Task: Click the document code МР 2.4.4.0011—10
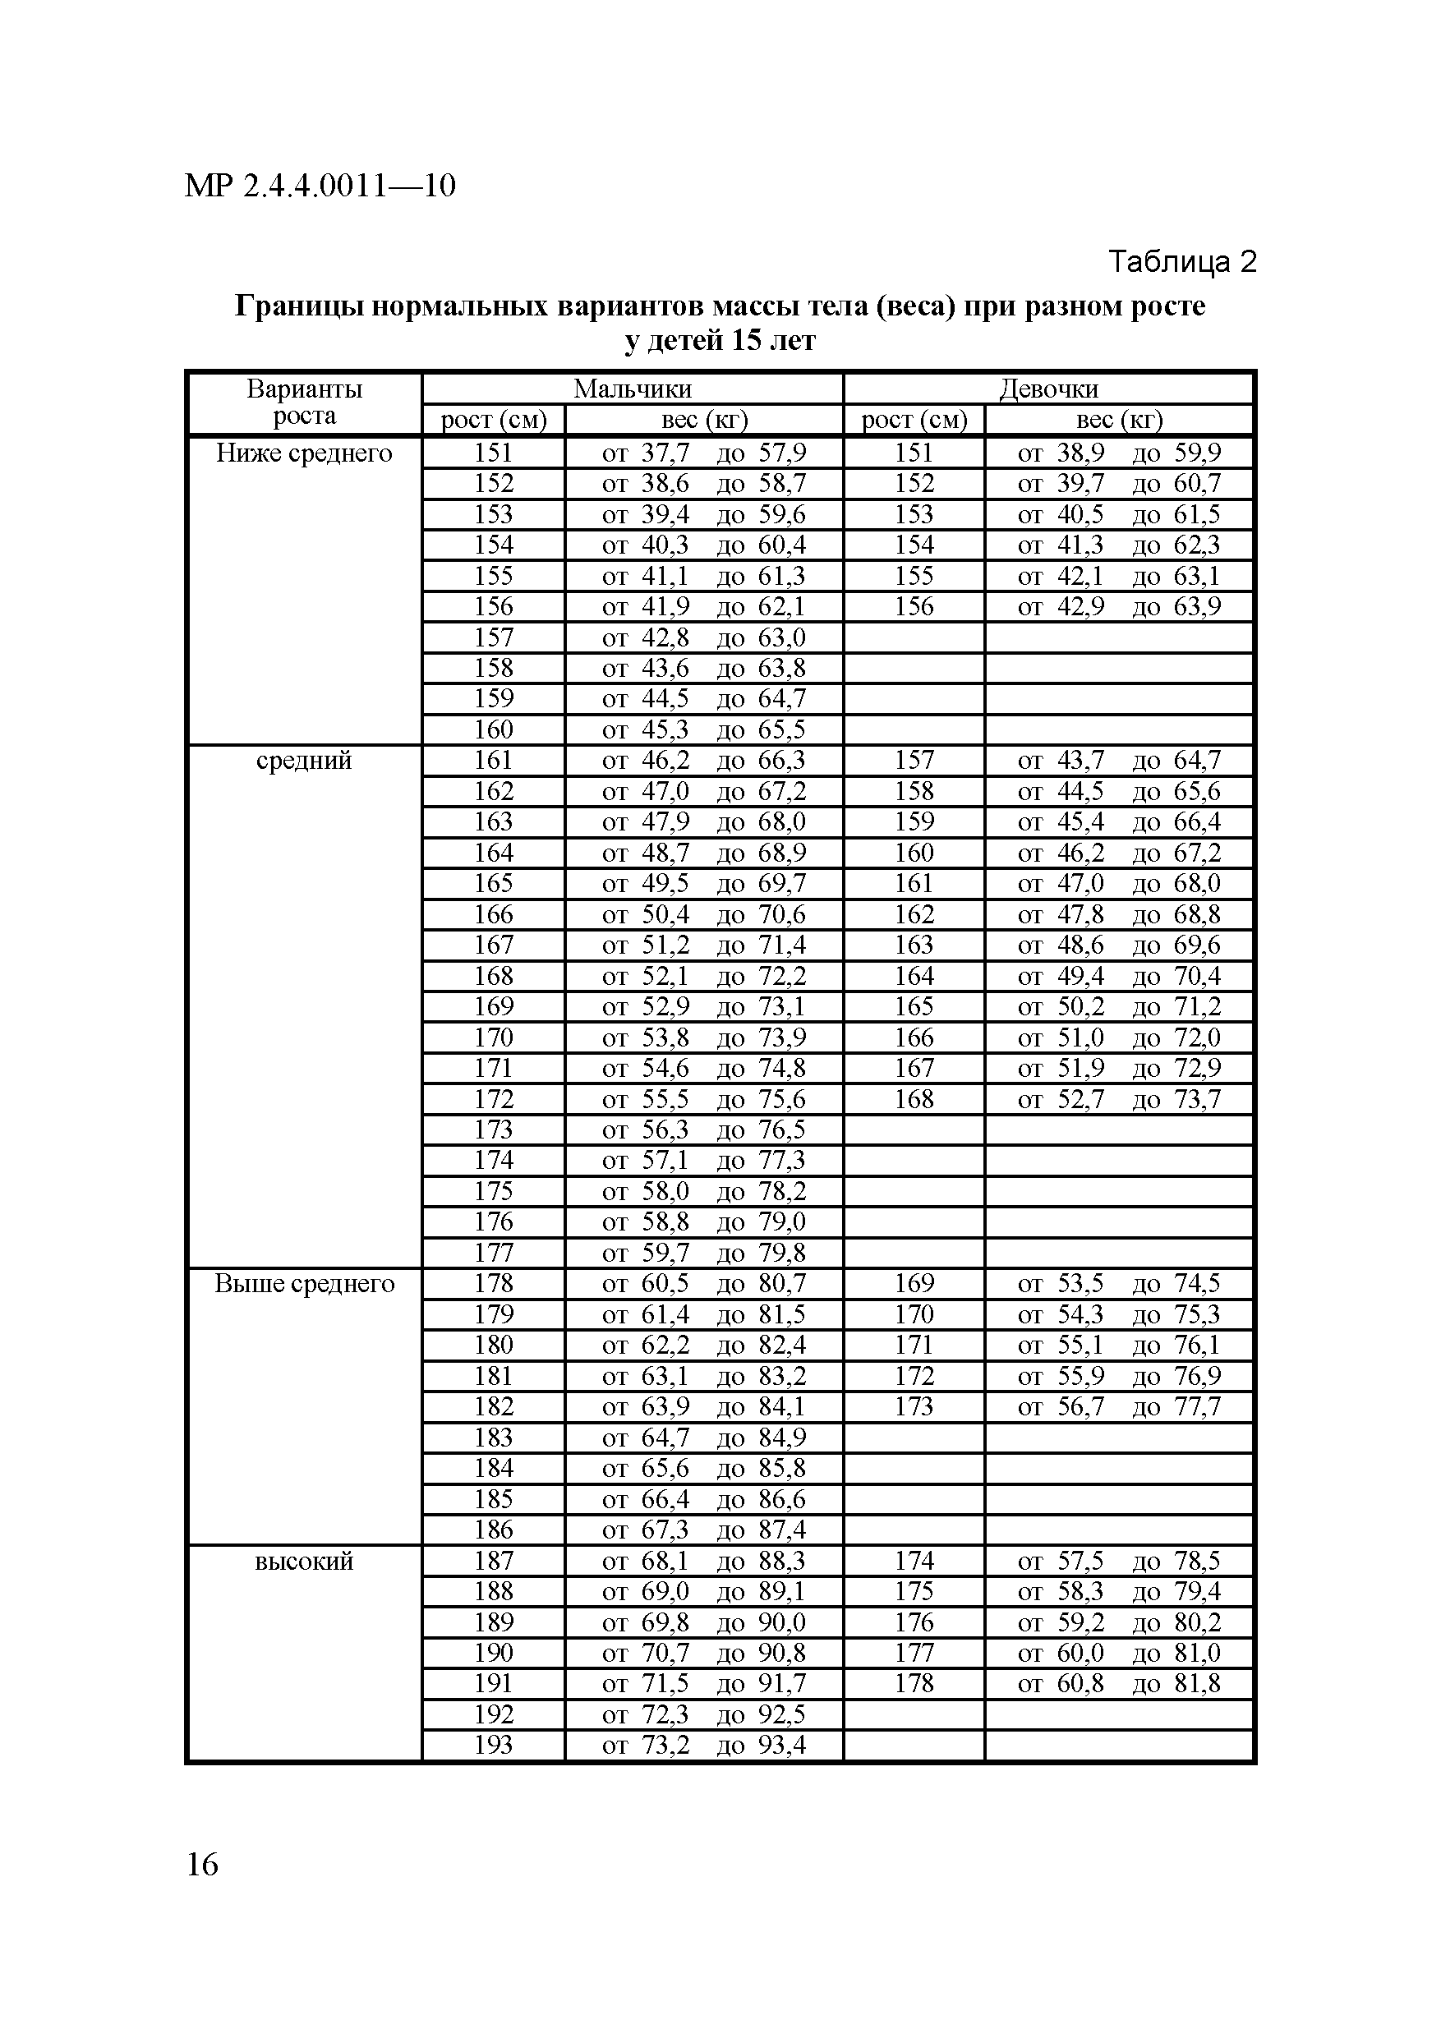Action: click(x=320, y=186)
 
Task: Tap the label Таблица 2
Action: click(x=1181, y=262)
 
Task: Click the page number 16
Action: click(x=202, y=1865)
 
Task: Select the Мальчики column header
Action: click(x=632, y=389)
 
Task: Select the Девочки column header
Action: click(x=1048, y=389)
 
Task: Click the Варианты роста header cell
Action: click(x=305, y=403)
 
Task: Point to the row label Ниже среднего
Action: click(x=305, y=453)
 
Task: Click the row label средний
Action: click(x=305, y=761)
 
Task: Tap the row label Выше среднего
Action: click(x=305, y=1284)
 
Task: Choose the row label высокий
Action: click(x=305, y=1562)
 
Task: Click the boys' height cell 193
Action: click(x=494, y=1745)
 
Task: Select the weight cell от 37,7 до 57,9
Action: click(x=704, y=453)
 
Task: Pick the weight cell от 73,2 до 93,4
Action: click(x=704, y=1745)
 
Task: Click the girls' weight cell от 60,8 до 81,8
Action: click(x=1119, y=1684)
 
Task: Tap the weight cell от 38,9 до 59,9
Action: click(x=1119, y=453)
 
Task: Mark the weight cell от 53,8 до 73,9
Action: click(x=704, y=1037)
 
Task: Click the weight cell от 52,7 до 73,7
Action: click(x=1119, y=1100)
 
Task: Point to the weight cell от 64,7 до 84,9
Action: click(x=704, y=1438)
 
